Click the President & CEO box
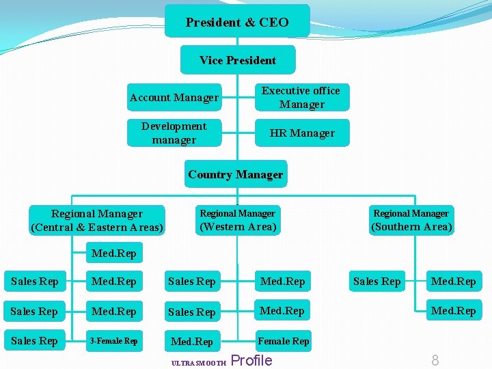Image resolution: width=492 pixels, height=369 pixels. point(237,22)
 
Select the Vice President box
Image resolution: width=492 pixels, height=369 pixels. point(238,60)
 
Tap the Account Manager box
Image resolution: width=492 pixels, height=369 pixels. point(174,98)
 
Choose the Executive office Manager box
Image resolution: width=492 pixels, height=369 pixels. point(301,98)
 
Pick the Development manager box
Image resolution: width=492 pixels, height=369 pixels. point(174,133)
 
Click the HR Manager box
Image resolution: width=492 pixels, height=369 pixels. point(302,133)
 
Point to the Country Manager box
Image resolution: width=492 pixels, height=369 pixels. point(236,175)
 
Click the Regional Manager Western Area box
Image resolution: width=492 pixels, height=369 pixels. point(237,220)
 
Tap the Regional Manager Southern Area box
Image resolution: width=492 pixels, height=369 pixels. point(411,220)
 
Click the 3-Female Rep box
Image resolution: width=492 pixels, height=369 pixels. point(114,341)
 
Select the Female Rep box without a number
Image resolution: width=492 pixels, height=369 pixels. point(284,341)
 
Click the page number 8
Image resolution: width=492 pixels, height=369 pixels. point(435,360)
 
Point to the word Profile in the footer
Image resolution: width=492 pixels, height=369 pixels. point(252,360)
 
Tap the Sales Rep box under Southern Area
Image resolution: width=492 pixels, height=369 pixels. point(377,282)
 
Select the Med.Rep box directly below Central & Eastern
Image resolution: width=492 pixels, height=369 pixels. point(114,254)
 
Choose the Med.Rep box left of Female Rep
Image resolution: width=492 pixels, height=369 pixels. point(192,341)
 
